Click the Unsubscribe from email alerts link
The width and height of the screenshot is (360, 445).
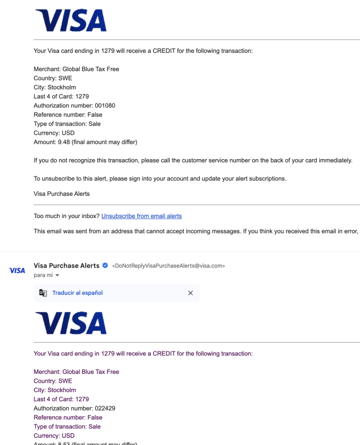pyautogui.click(x=141, y=216)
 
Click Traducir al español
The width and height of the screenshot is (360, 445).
pyautogui.click(x=77, y=293)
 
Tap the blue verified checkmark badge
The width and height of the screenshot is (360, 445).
pyautogui.click(x=105, y=266)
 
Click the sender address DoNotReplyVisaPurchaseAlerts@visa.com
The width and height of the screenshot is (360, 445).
pyautogui.click(x=169, y=266)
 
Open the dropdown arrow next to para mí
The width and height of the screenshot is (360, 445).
pyautogui.click(x=57, y=275)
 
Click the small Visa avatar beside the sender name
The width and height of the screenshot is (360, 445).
pyautogui.click(x=17, y=270)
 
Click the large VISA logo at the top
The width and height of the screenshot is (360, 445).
pyautogui.click(x=71, y=21)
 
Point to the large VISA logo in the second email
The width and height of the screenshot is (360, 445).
pyautogui.click(x=71, y=323)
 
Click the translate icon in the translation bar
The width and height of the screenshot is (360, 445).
pyautogui.click(x=43, y=293)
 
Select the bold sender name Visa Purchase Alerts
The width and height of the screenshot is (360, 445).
pyautogui.click(x=67, y=266)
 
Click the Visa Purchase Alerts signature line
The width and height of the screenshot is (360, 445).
pyautogui.click(x=61, y=194)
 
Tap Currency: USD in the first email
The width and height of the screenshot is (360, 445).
pyautogui.click(x=54, y=133)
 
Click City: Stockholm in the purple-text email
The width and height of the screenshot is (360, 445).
pyautogui.click(x=55, y=390)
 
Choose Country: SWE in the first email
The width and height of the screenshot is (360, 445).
pyautogui.click(x=53, y=78)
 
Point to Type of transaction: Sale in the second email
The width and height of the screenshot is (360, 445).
pyautogui.click(x=67, y=427)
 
